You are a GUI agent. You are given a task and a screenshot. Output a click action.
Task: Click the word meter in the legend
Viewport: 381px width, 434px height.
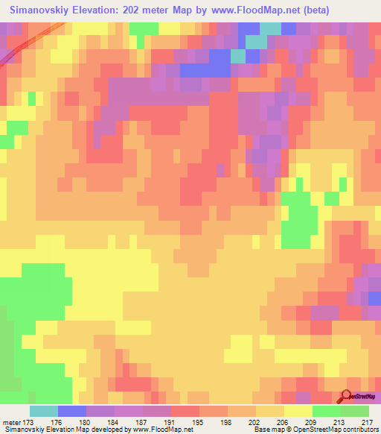(13, 421)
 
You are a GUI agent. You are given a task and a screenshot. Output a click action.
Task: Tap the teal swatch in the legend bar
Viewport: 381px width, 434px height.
(44, 411)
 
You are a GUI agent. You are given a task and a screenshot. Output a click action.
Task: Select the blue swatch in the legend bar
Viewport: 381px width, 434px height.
(72, 411)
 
